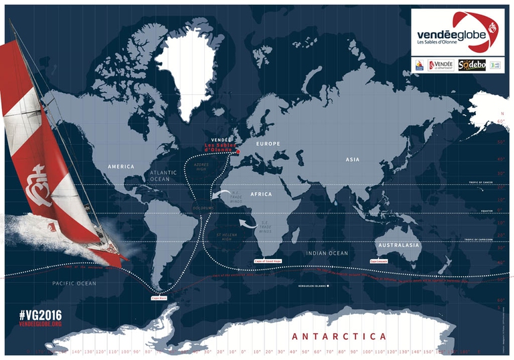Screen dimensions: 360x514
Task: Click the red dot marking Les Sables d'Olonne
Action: click(236, 153)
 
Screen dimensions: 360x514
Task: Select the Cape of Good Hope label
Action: click(269, 261)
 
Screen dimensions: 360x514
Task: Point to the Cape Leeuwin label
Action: click(378, 262)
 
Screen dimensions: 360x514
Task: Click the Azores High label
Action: click(200, 166)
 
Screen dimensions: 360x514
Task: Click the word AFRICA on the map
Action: click(261, 194)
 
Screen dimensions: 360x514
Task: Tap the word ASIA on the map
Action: click(353, 159)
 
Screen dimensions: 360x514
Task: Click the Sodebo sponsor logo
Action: click(472, 65)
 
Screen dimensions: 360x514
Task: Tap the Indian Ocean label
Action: click(327, 254)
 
